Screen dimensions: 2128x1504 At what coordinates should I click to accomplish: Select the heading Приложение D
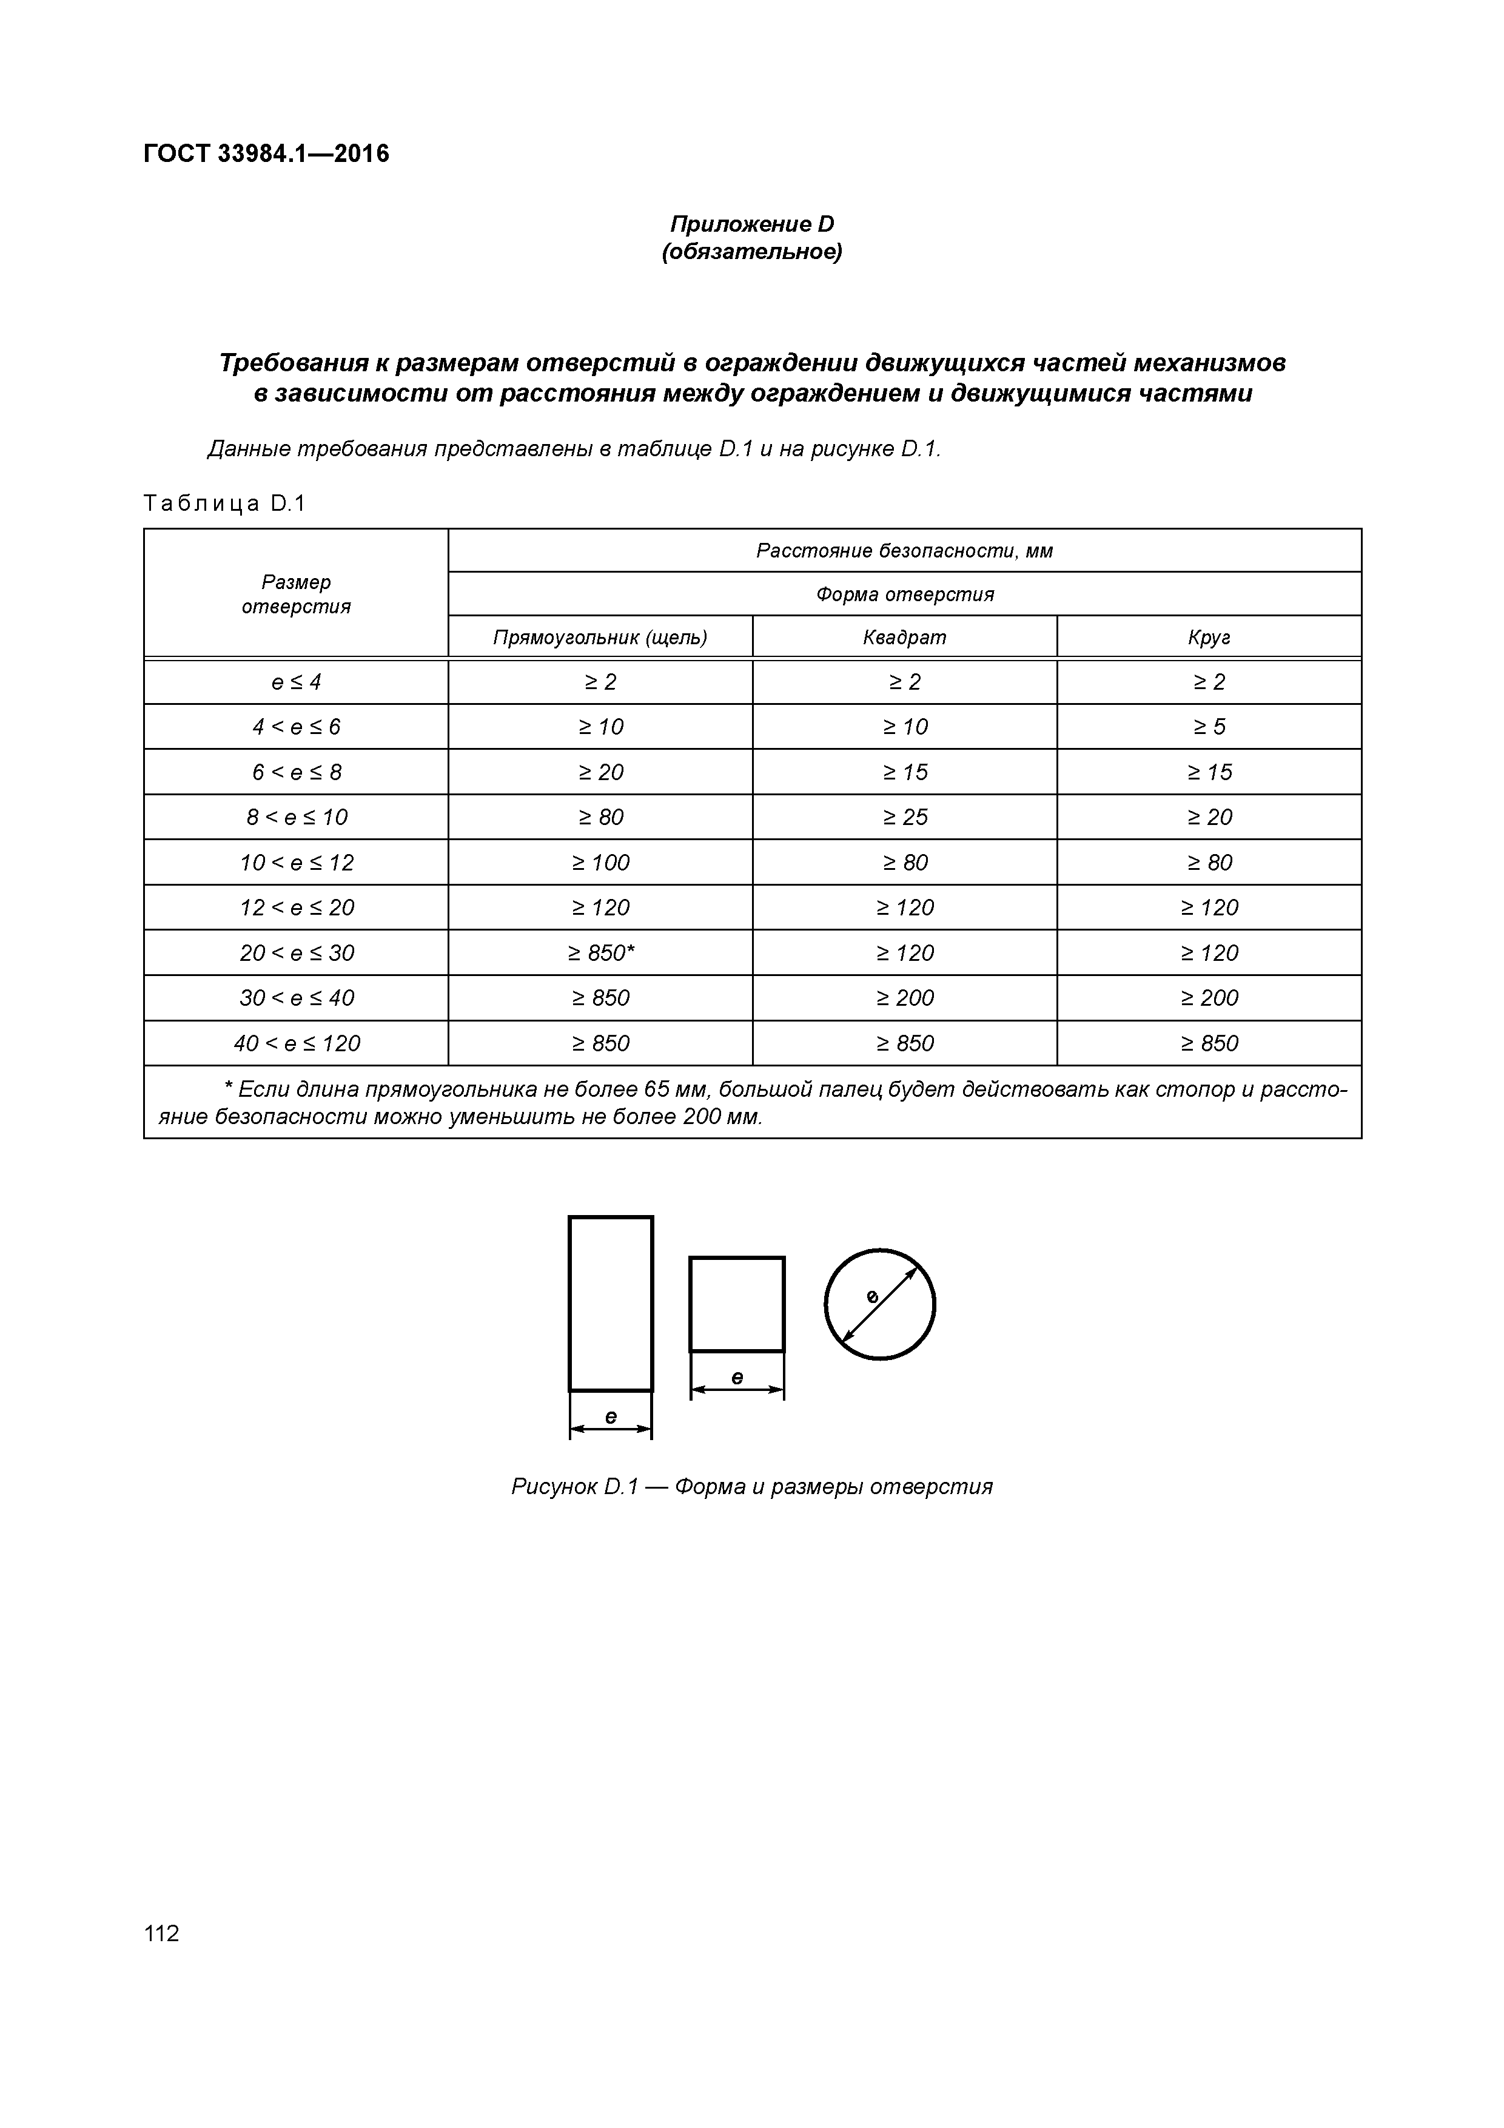click(x=751, y=224)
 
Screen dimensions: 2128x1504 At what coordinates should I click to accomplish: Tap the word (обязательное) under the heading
click(x=751, y=252)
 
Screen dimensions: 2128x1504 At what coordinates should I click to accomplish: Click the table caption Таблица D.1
click(x=224, y=503)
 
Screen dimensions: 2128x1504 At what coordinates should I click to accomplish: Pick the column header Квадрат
click(x=904, y=638)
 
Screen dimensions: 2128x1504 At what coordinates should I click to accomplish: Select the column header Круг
click(x=1209, y=638)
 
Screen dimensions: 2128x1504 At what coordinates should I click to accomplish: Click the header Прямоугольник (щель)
click(x=600, y=638)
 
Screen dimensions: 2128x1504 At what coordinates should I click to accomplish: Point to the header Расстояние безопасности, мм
click(x=904, y=551)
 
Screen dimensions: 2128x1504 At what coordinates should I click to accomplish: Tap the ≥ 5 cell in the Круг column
click(x=1209, y=727)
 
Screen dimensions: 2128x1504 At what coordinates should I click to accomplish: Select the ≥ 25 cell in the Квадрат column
click(x=904, y=817)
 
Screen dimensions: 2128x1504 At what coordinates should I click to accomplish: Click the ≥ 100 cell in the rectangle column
click(x=600, y=862)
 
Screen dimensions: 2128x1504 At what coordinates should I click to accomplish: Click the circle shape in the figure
click(x=879, y=1304)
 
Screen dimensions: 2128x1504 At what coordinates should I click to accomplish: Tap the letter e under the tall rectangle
click(x=611, y=1416)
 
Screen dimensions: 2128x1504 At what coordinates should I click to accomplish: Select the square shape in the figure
click(x=737, y=1304)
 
